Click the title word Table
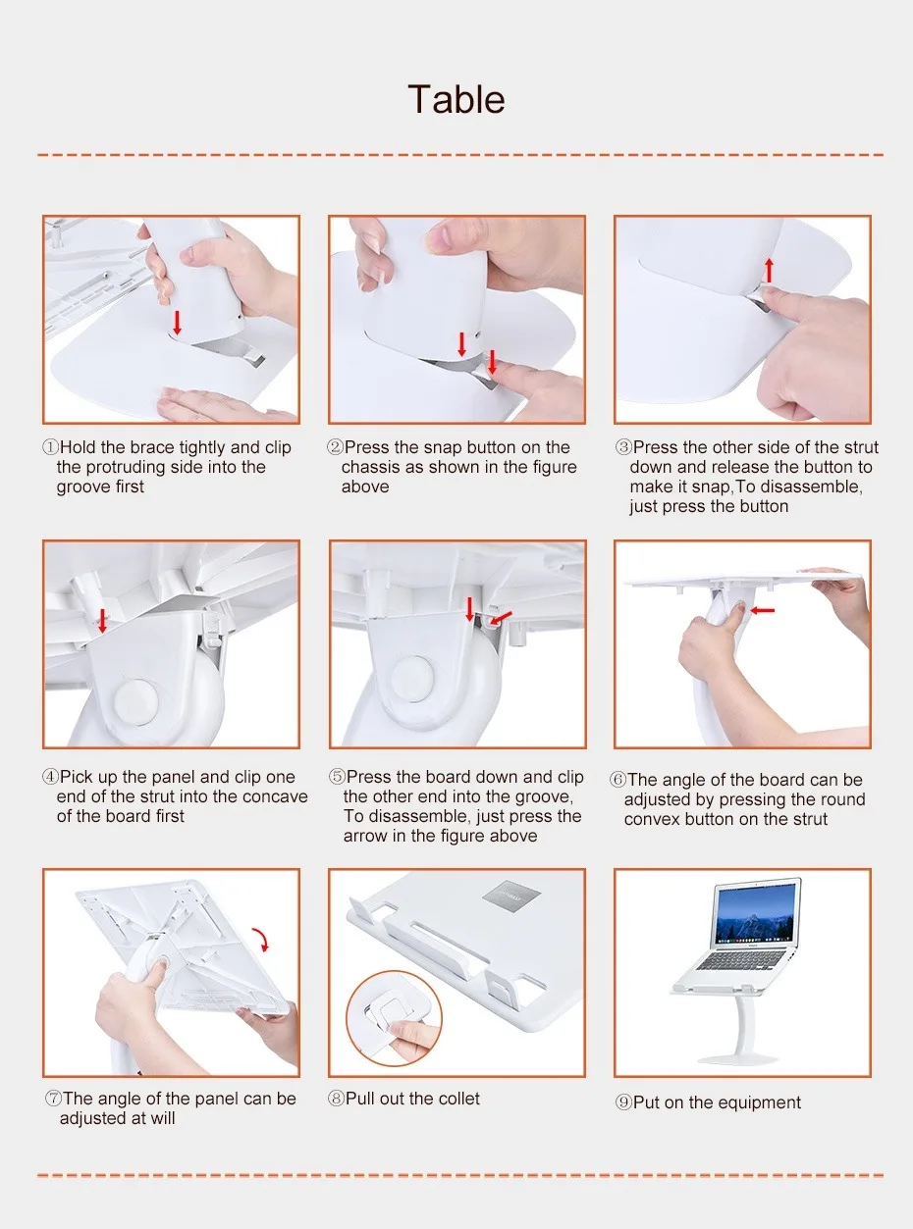456,99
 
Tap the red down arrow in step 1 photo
177,323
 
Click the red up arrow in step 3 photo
769,270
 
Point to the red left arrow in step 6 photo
762,611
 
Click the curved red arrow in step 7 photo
261,940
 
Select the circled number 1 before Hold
50,447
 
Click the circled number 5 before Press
337,777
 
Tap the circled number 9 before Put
624,1102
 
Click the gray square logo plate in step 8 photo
510,895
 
